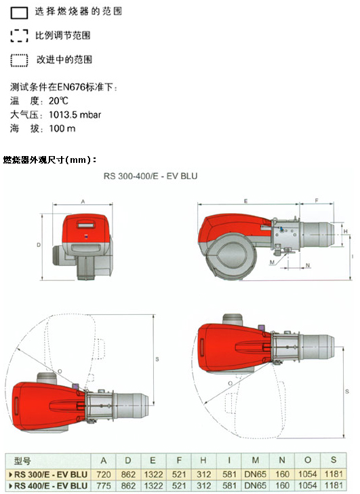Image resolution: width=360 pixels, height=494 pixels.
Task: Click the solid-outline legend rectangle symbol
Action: point(19,13)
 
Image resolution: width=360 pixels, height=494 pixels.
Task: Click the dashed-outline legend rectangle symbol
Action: point(19,36)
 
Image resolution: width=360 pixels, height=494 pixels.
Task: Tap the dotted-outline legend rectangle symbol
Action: point(19,60)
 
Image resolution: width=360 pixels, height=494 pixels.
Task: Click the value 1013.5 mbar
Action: point(75,115)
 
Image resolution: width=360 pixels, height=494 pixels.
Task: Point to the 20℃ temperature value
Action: point(58,101)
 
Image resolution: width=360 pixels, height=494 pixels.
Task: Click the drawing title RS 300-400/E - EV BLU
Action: point(151,176)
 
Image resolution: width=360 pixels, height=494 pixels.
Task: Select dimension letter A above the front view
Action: point(83,202)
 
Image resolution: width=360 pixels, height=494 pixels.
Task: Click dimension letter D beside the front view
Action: point(39,245)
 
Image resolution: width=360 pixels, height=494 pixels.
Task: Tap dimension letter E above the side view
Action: point(245,201)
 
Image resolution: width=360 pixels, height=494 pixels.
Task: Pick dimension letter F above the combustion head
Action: point(317,200)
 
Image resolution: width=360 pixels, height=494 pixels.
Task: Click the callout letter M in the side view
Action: point(272,262)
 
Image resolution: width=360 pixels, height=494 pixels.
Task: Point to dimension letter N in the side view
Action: point(307,265)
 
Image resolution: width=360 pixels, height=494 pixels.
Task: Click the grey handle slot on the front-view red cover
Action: point(85,225)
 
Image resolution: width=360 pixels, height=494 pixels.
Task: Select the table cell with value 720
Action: point(104,474)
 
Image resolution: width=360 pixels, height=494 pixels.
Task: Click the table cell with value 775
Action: point(104,485)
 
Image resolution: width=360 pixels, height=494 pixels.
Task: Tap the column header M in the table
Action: point(255,461)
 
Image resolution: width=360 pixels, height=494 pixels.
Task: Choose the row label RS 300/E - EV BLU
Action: point(48,474)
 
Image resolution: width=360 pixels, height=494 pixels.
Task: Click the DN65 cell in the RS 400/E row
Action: point(255,485)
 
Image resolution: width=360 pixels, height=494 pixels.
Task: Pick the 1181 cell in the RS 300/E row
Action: point(334,474)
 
